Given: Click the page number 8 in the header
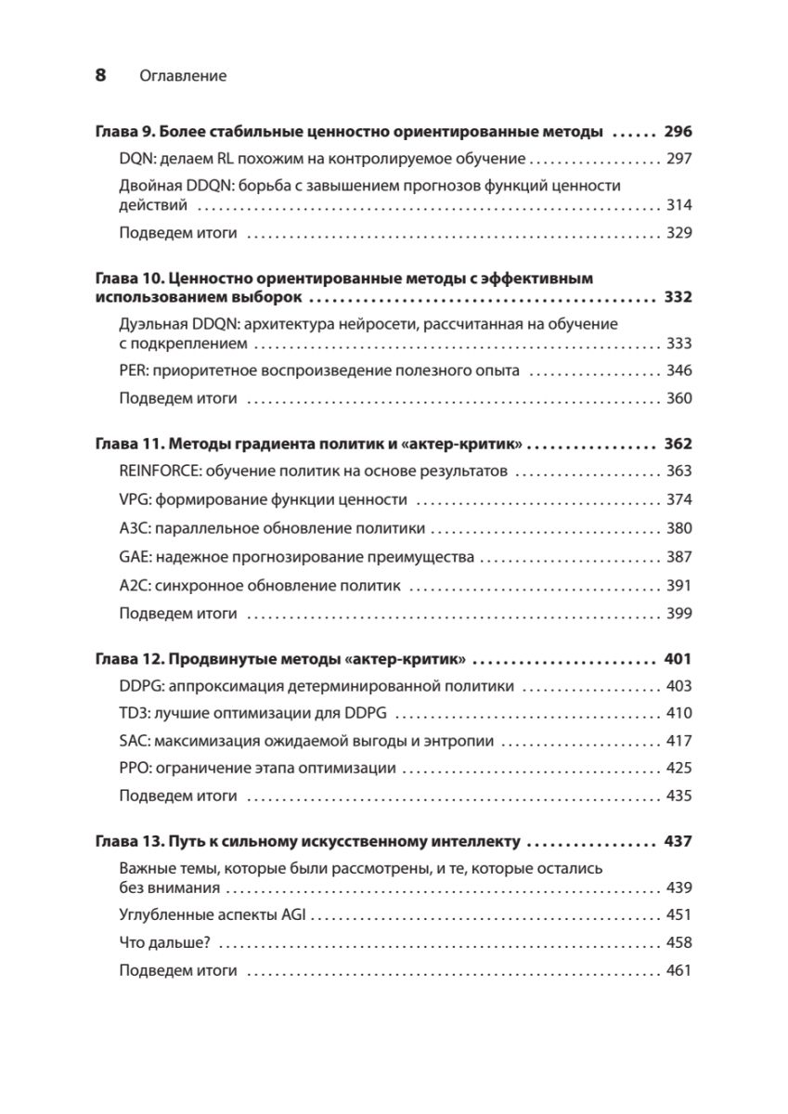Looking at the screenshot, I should pos(101,76).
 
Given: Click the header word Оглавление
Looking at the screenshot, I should pos(183,76).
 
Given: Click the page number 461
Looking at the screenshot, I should pos(679,971).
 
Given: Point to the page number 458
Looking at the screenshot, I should pos(679,942).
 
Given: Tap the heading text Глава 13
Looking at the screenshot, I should pos(129,842).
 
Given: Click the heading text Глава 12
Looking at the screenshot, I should pos(129,659).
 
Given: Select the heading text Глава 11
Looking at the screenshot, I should pos(129,444).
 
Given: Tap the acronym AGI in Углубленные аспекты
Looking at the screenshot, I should pos(294,914).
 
